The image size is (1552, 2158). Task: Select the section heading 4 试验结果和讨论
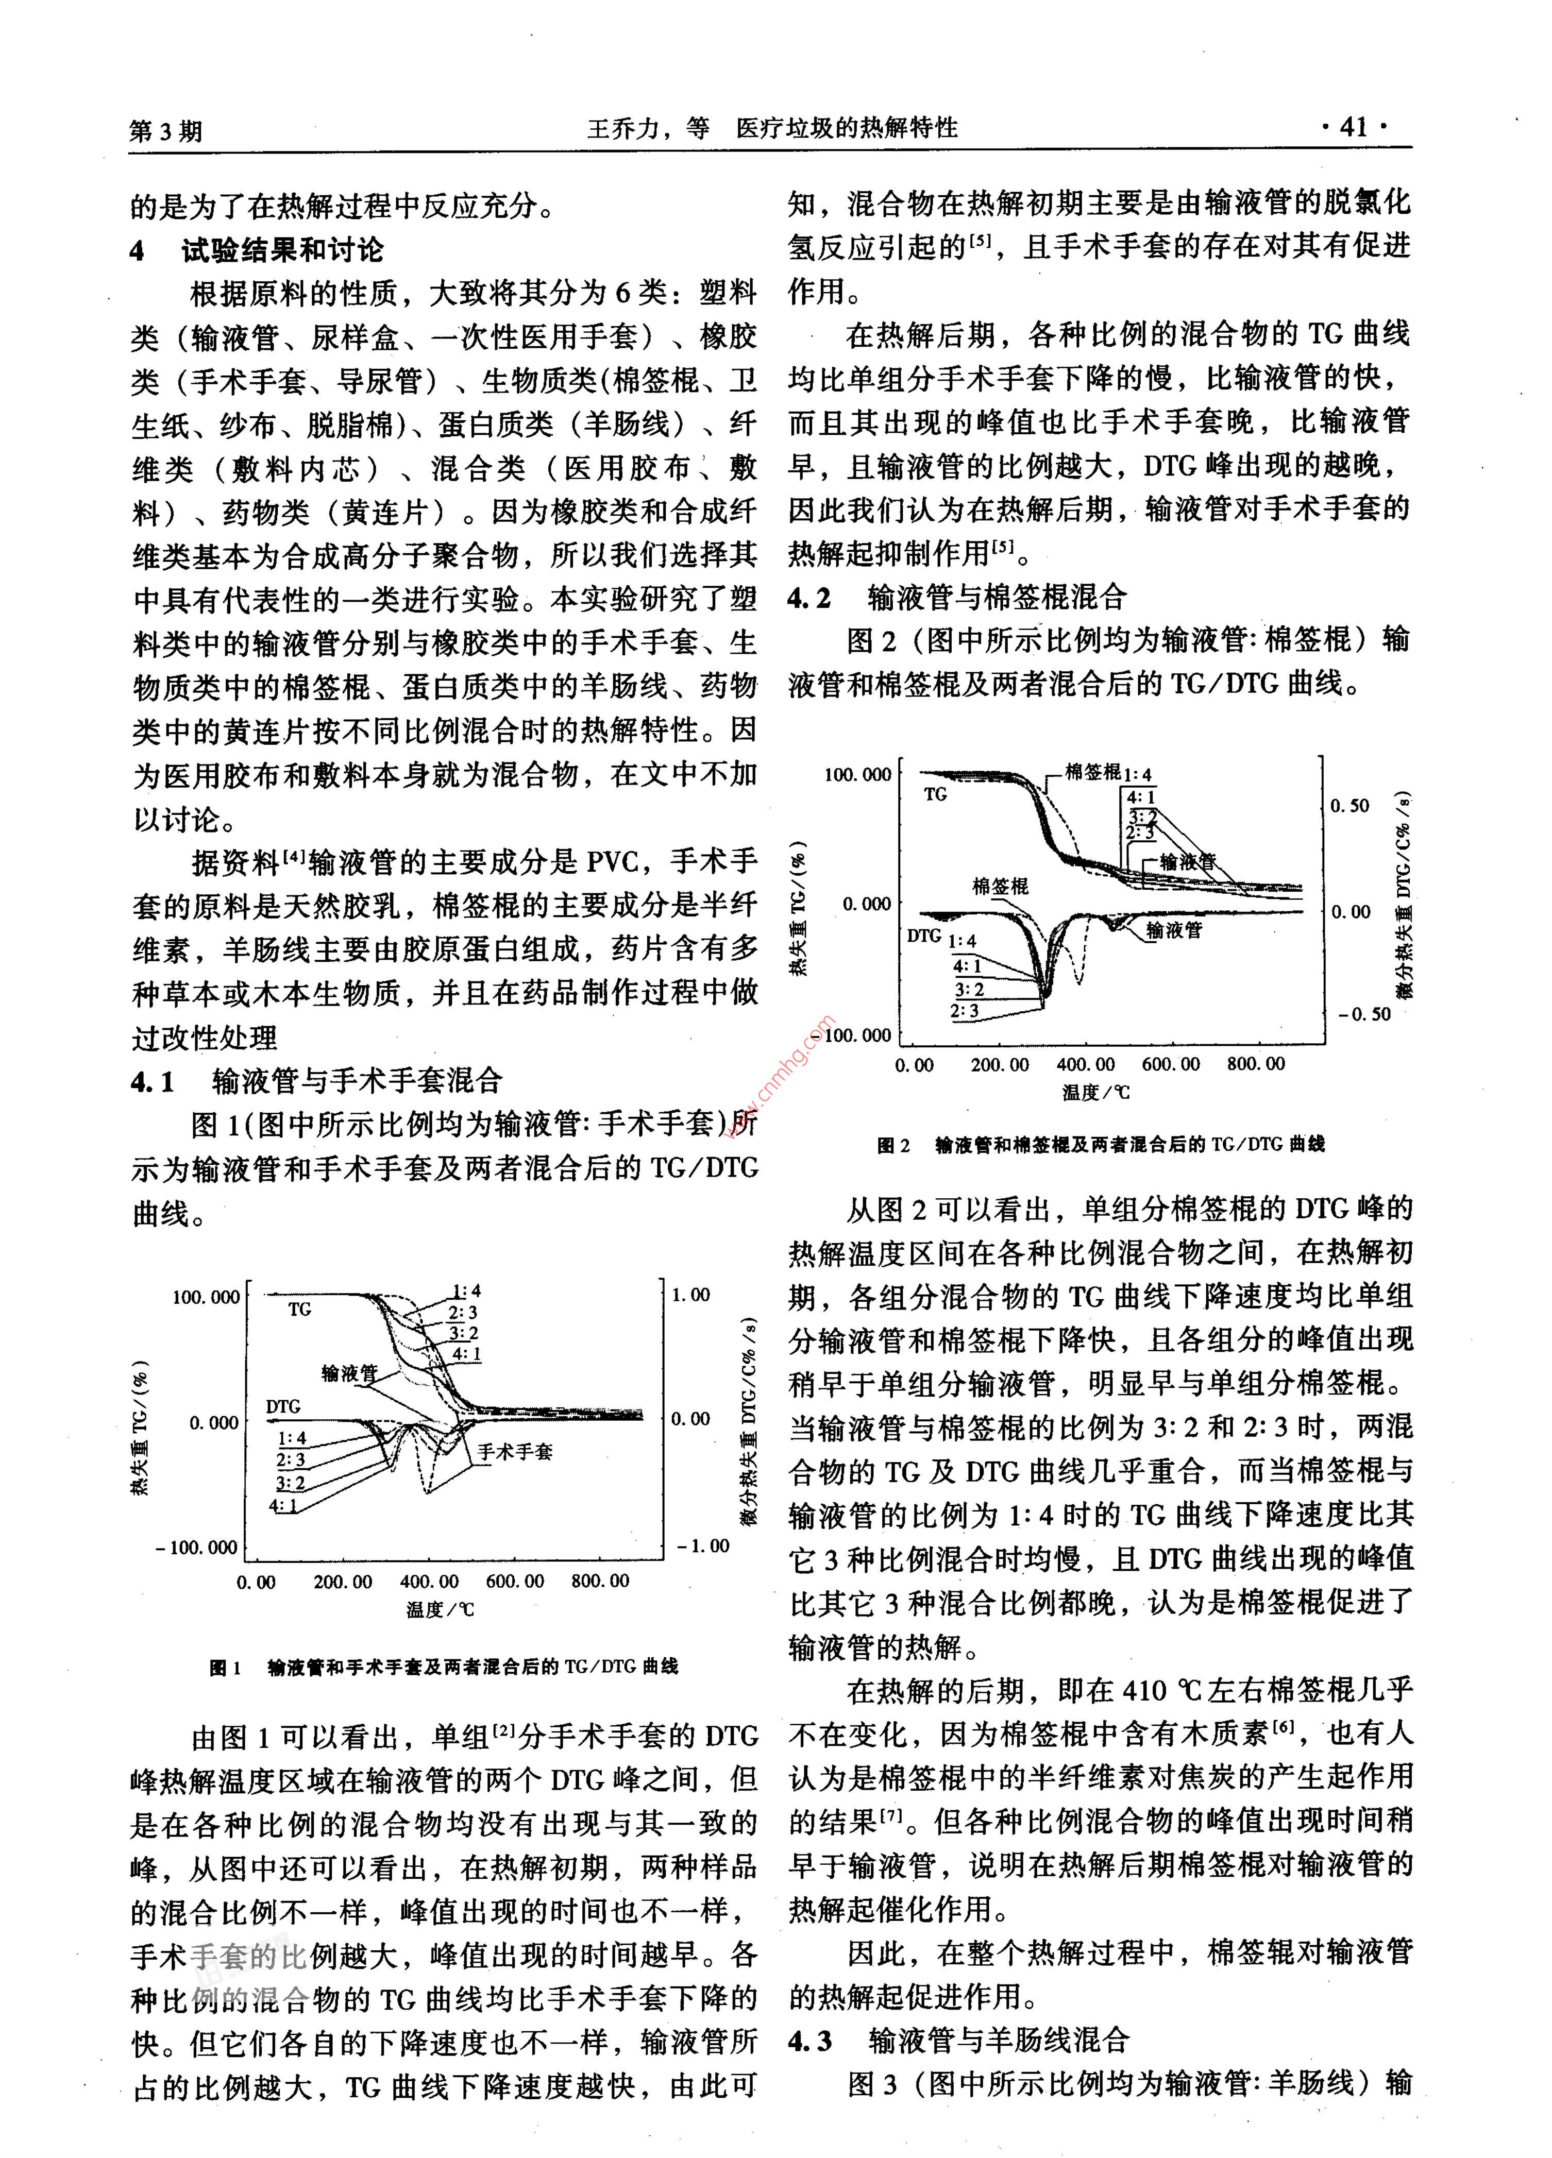coord(257,250)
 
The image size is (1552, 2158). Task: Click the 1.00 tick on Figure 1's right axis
coord(691,1295)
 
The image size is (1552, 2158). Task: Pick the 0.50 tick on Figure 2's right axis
coord(1349,806)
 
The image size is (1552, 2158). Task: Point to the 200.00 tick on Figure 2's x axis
coord(999,1065)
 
